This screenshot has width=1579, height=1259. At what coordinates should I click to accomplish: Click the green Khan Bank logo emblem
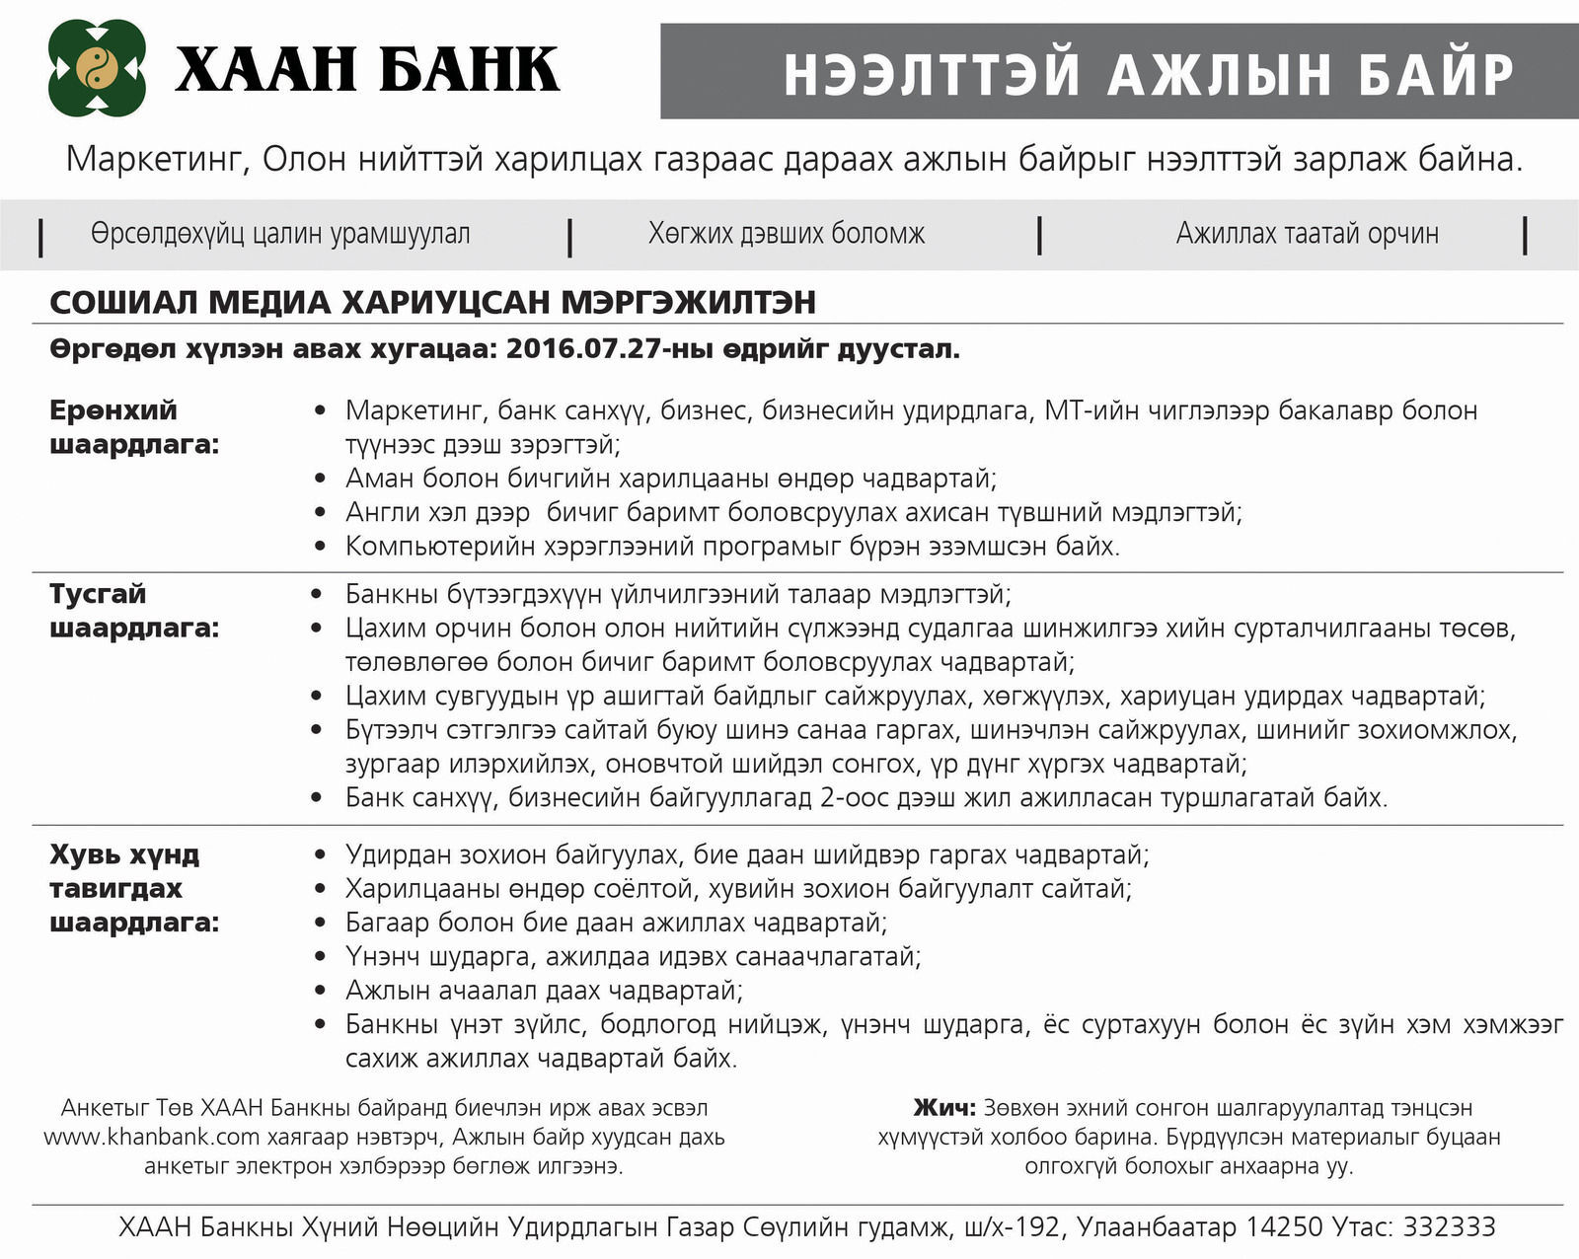click(x=98, y=68)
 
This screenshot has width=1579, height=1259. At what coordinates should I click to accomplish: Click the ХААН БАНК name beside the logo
click(x=367, y=69)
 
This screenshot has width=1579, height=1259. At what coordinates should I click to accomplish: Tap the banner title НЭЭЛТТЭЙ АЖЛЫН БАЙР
click(x=1148, y=74)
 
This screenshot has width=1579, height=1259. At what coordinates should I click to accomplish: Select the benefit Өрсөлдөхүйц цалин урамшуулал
click(x=280, y=234)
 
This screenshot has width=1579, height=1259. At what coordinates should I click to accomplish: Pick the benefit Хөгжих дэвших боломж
click(x=787, y=234)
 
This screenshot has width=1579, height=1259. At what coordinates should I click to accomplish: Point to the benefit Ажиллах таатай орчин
click(x=1307, y=234)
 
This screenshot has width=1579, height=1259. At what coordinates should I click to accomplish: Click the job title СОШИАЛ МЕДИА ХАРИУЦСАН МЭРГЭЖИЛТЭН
click(x=432, y=302)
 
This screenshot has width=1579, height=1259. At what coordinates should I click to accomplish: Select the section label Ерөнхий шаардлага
click(x=134, y=426)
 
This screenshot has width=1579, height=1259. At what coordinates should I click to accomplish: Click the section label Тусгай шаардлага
click(x=134, y=610)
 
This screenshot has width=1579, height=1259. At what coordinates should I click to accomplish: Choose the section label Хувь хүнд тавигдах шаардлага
click(x=134, y=888)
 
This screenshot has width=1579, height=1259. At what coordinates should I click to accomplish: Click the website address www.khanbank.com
click(x=152, y=1137)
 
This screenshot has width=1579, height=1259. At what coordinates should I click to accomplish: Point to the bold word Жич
click(x=944, y=1108)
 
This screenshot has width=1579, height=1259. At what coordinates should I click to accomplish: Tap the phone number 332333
click(x=1449, y=1226)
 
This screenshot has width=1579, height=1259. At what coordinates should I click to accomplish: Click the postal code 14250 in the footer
click(x=1283, y=1226)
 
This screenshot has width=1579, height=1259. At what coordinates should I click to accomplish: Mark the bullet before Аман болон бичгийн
click(x=319, y=479)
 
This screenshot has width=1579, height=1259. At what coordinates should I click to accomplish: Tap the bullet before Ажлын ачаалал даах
click(x=319, y=990)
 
